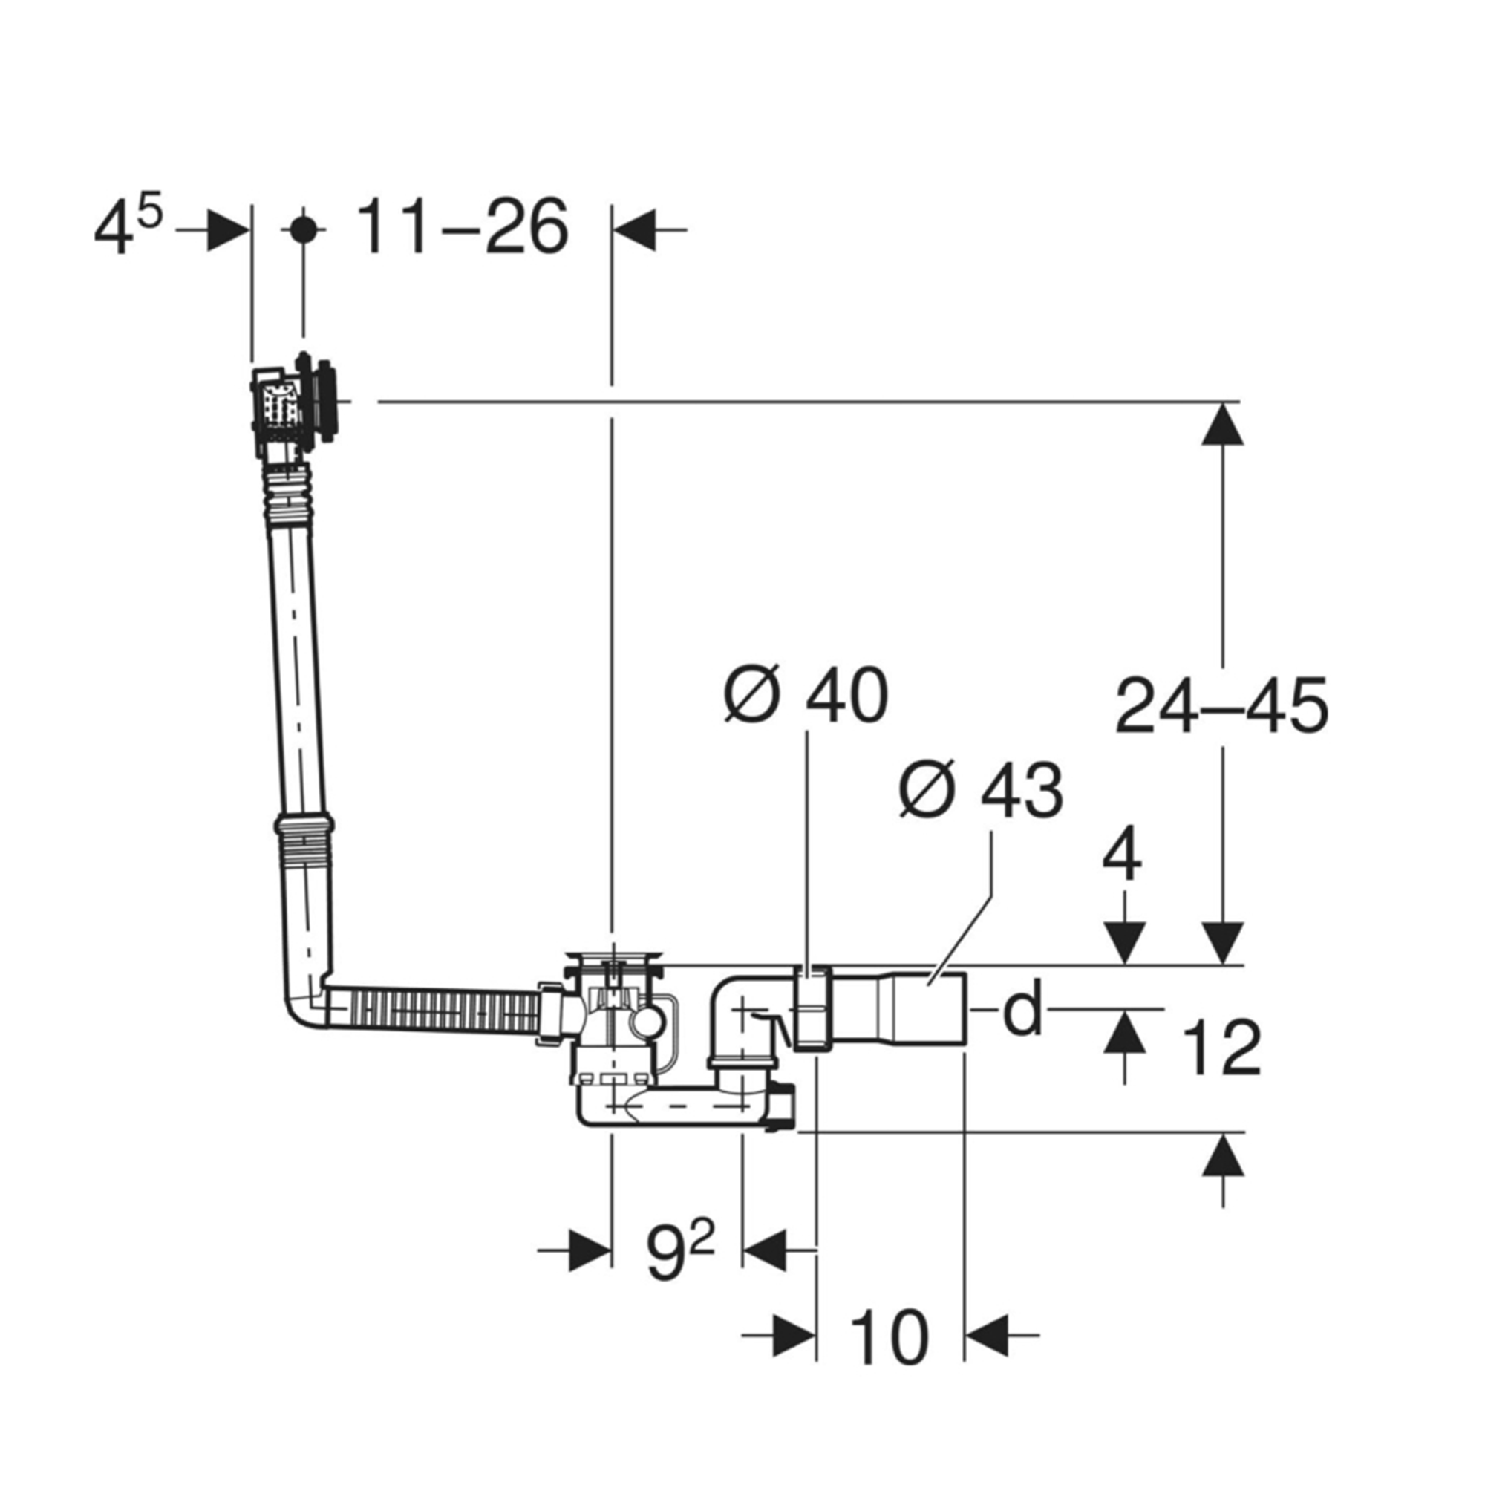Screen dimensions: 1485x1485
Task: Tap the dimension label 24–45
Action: point(1221,704)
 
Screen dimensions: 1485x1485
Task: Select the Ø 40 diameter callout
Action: point(806,695)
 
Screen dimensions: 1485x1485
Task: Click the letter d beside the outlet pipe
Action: point(1023,1005)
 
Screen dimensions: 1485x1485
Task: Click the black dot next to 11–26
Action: point(303,229)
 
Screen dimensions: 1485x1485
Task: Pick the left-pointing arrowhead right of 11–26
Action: point(635,229)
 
